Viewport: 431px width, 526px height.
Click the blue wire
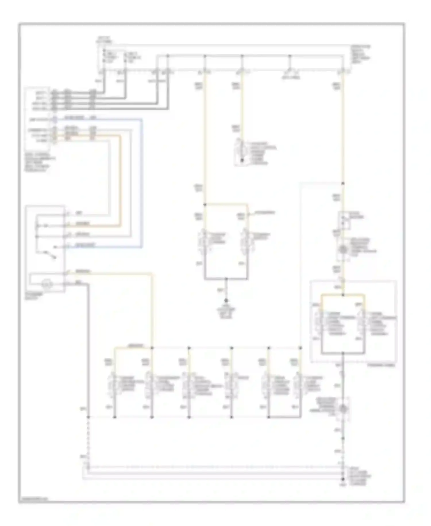(142, 184)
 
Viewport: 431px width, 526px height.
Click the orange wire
(120, 184)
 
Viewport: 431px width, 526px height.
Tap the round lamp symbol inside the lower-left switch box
(46, 284)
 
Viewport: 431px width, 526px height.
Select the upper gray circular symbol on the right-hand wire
(343, 249)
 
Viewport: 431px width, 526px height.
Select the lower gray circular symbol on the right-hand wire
(343, 408)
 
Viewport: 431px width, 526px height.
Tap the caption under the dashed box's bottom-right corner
(381, 365)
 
